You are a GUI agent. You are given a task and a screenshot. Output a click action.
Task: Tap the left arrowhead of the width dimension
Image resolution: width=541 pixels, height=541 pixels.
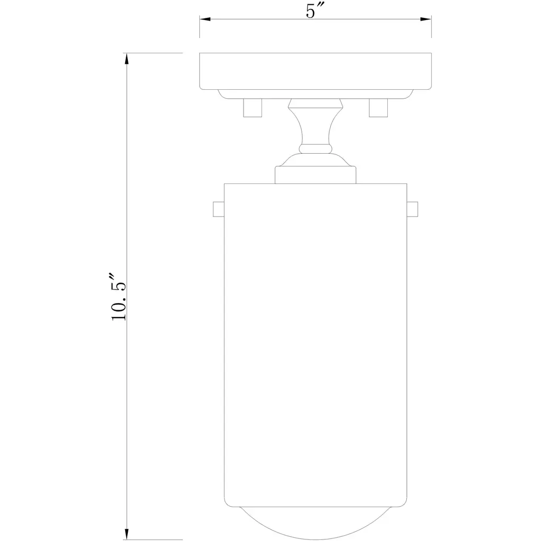(205, 19)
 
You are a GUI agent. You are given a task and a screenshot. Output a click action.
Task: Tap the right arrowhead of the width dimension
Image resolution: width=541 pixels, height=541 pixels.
(426, 19)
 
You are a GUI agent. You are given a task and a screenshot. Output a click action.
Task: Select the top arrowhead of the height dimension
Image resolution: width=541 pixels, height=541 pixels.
(127, 59)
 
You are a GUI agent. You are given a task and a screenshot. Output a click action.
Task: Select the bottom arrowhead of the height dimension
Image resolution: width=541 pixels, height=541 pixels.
(127, 534)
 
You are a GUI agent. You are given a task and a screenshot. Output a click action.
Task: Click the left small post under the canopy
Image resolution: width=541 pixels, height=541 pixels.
(253, 108)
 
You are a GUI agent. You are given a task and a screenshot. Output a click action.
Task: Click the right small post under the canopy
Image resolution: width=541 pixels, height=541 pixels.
(378, 108)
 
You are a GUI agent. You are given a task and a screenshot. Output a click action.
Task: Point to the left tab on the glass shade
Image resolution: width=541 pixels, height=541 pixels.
(219, 209)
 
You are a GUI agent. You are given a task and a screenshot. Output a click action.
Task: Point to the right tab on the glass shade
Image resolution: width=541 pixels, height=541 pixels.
(412, 209)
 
